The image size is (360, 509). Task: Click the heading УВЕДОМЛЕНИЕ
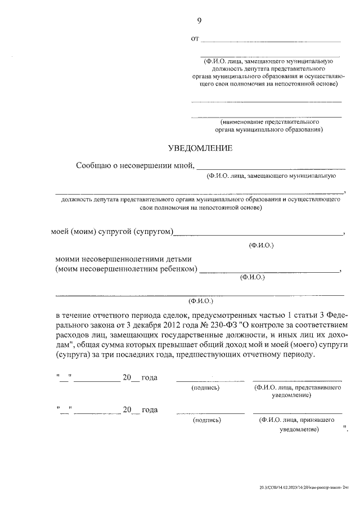200,148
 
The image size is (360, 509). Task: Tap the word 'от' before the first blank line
195,39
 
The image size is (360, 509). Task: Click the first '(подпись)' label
205,388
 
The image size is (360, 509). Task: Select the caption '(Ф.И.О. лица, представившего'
296,388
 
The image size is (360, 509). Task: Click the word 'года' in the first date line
149,377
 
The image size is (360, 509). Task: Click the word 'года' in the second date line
149,409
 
